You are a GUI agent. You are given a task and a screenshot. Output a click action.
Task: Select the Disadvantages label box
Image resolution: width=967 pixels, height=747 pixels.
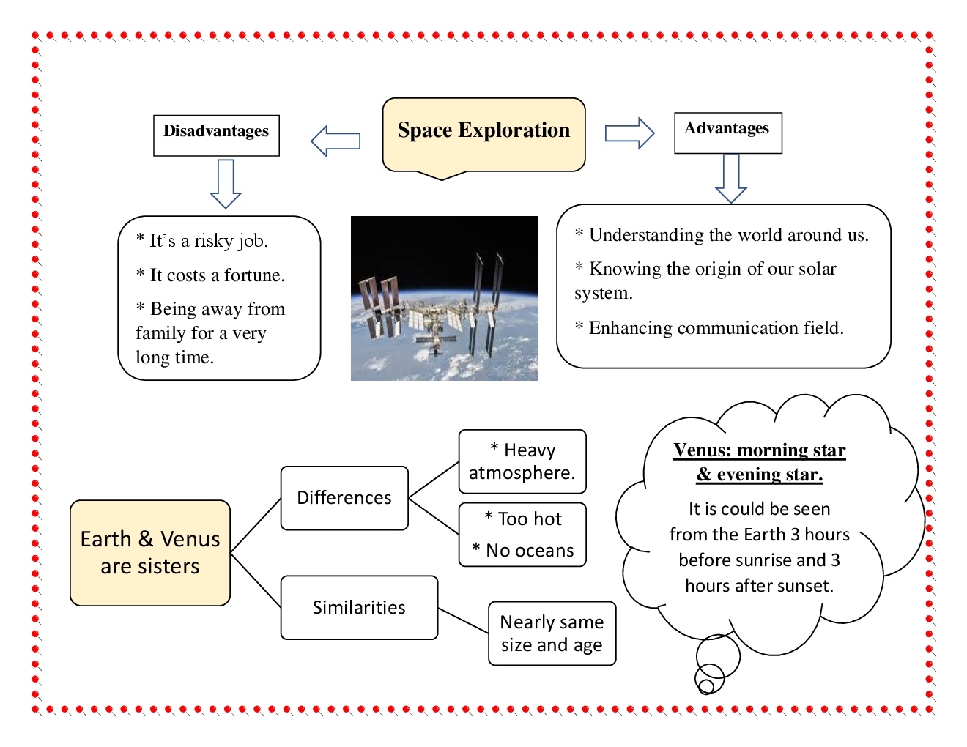216,135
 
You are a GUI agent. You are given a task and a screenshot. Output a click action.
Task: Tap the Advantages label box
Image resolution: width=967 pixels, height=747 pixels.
727,133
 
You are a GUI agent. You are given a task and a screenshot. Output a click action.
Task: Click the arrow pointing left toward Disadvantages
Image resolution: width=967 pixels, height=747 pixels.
336,141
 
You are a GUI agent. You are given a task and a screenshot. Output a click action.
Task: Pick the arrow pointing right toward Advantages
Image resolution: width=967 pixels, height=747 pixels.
629,133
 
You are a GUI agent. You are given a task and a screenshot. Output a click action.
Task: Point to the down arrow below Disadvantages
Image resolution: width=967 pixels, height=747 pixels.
226,184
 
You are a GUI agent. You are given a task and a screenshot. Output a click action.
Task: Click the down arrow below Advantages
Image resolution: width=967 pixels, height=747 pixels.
731,178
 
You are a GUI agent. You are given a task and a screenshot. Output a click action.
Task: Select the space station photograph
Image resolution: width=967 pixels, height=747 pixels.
444,298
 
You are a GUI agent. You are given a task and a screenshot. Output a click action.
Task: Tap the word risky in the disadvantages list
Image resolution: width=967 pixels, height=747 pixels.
218,241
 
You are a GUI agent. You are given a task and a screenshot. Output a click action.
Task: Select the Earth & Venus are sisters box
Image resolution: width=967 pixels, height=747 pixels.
150,553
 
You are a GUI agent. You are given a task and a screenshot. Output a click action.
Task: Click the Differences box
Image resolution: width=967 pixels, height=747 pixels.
344,498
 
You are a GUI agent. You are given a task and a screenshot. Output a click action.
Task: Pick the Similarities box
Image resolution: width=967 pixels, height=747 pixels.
359,607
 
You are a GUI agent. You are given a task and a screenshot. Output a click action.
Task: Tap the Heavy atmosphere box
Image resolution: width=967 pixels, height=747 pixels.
522,461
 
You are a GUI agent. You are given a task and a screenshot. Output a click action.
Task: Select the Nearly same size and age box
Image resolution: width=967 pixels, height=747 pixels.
552,633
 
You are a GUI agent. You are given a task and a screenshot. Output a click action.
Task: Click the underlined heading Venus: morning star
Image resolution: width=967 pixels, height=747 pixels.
759,450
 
